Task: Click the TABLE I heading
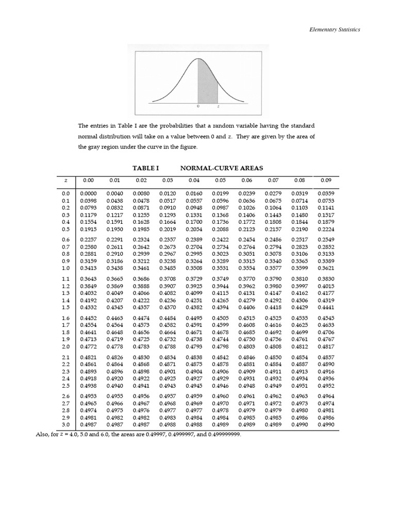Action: pyautogui.click(x=146, y=168)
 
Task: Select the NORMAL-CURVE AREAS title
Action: pyautogui.click(x=221, y=168)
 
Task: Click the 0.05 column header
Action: pyautogui.click(x=220, y=180)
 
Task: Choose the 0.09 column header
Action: pyautogui.click(x=326, y=180)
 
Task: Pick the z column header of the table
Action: pyautogui.click(x=65, y=180)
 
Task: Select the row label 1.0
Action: pyautogui.click(x=65, y=268)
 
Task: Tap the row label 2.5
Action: pyautogui.click(x=65, y=386)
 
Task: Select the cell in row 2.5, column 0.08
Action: pyautogui.click(x=300, y=386)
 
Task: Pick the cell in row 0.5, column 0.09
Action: pyautogui.click(x=326, y=229)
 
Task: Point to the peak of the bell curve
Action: pyautogui.click(x=199, y=59)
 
